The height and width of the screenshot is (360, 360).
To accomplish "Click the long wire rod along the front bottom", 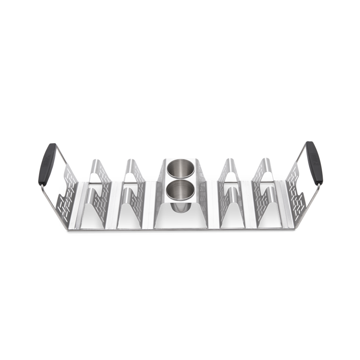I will (x=180, y=230).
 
